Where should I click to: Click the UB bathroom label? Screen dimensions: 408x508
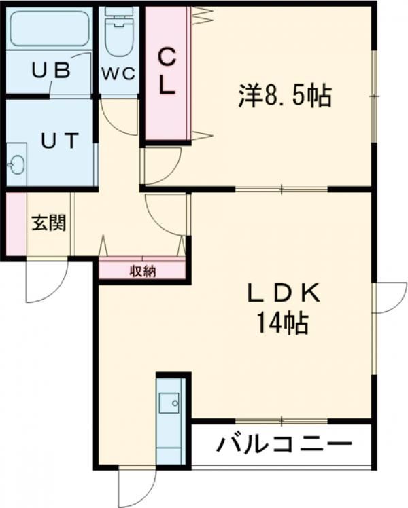coord(51,70)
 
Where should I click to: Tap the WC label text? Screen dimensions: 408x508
coord(118,73)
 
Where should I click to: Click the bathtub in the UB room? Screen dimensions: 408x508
coord(50,29)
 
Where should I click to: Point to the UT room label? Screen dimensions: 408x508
coord(61,141)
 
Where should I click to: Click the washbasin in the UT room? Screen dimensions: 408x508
coord(17,164)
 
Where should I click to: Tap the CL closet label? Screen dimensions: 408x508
coord(167,71)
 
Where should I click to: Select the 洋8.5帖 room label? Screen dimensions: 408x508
coord(285,96)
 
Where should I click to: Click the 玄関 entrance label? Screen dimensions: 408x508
coord(49,223)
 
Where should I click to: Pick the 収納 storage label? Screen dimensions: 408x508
coord(143,272)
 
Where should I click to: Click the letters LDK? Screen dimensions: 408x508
coord(284,293)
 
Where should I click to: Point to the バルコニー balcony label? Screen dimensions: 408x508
coord(284,445)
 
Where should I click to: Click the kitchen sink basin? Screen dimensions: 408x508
coord(169,403)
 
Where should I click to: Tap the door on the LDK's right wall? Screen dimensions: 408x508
coord(389,298)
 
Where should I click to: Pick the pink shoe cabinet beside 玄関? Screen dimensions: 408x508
coord(16,223)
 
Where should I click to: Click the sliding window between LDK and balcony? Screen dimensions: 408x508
coord(282,421)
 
